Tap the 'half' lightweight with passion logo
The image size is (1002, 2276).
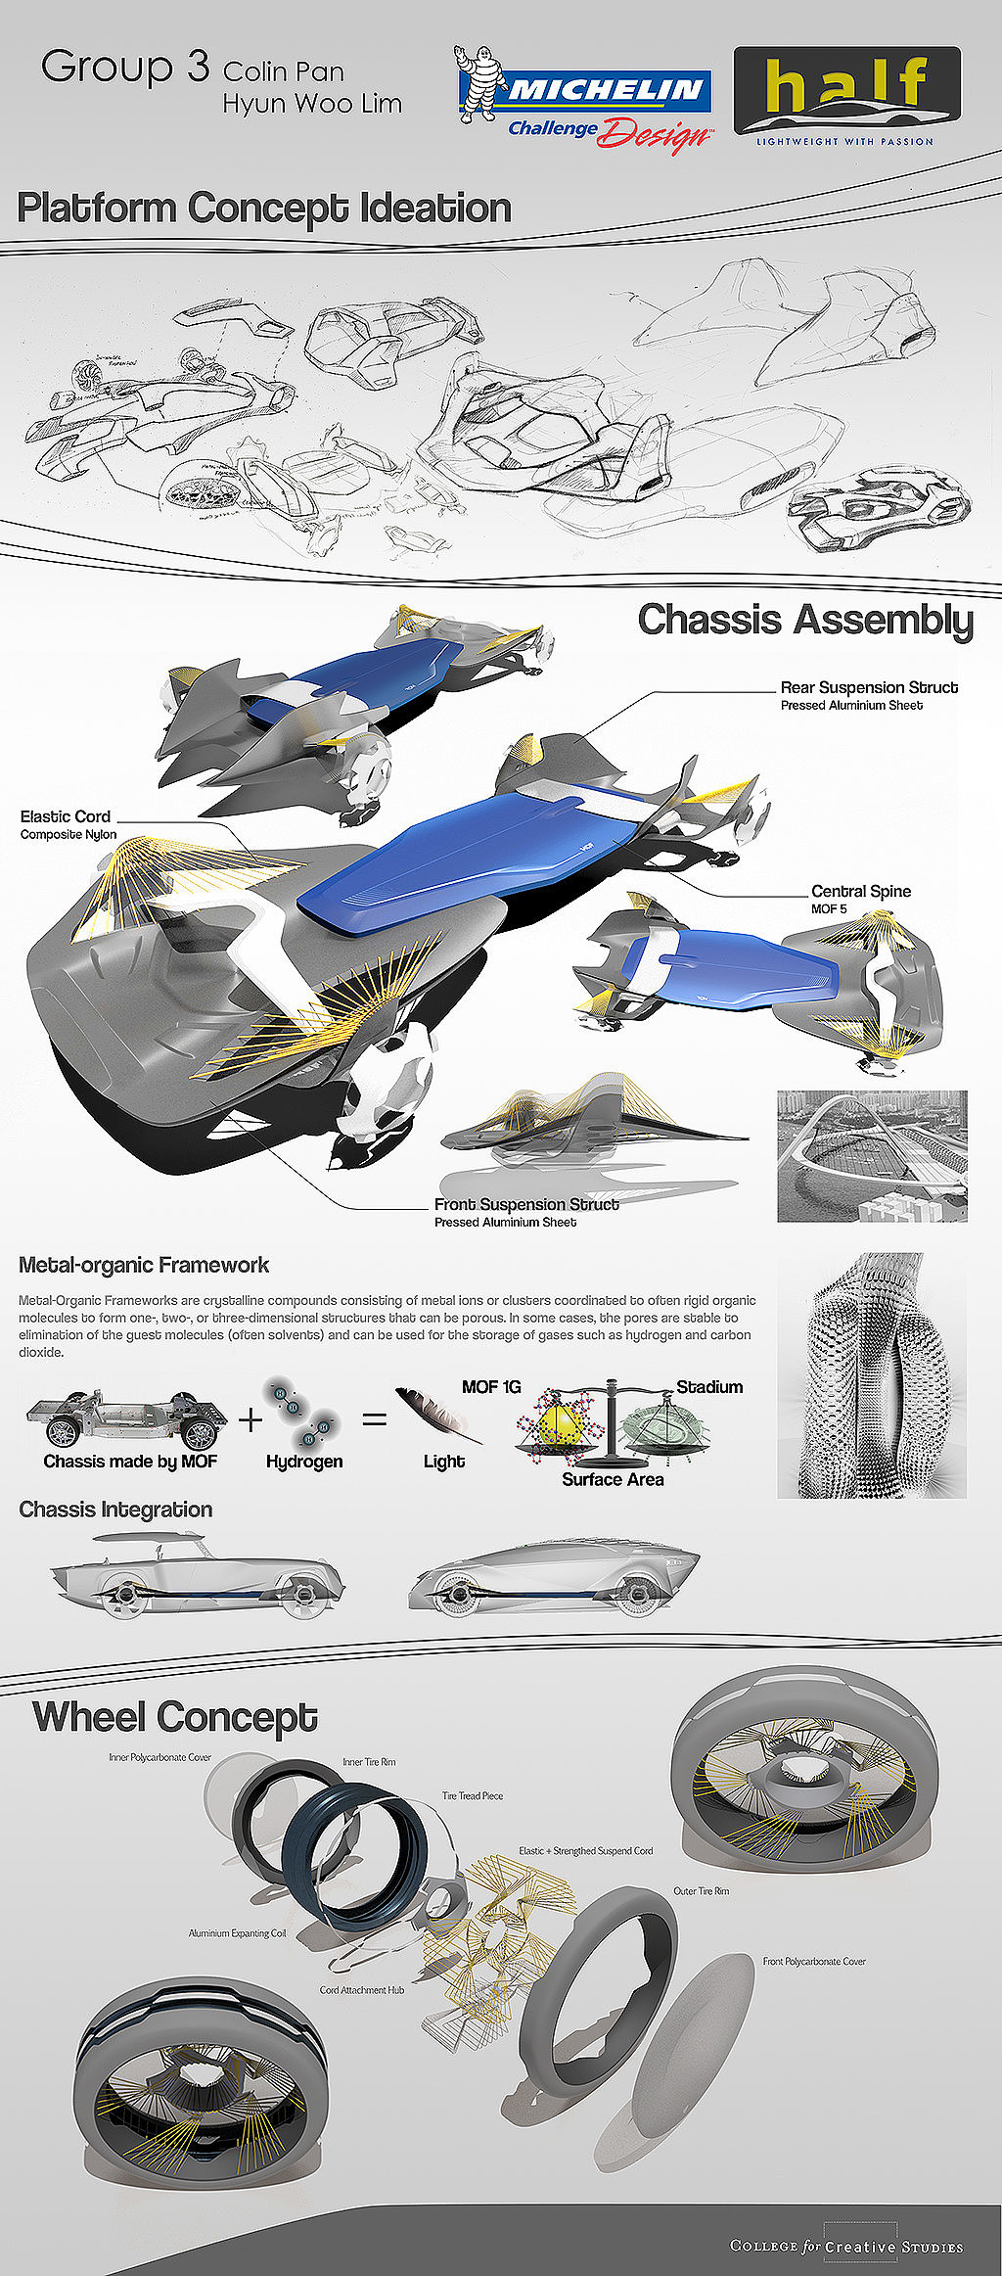846,95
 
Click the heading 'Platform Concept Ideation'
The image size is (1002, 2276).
264,209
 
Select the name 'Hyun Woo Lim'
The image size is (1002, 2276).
312,104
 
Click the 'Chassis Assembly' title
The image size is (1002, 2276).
805,620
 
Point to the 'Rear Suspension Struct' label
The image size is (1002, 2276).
869,687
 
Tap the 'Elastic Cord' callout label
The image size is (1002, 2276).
66,816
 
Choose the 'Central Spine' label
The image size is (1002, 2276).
860,891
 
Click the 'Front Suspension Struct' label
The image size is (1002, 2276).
526,1204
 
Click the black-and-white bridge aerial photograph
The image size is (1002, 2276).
872,1156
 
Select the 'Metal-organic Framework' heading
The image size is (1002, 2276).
144,1265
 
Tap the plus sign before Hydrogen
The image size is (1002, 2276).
250,1418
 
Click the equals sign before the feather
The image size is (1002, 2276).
375,1417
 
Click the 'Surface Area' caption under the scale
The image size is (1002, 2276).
613,1479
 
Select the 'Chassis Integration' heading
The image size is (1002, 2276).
115,1510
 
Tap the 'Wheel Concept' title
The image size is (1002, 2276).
175,1717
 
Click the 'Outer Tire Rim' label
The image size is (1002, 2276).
701,1890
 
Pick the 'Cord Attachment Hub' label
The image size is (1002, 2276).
361,1989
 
